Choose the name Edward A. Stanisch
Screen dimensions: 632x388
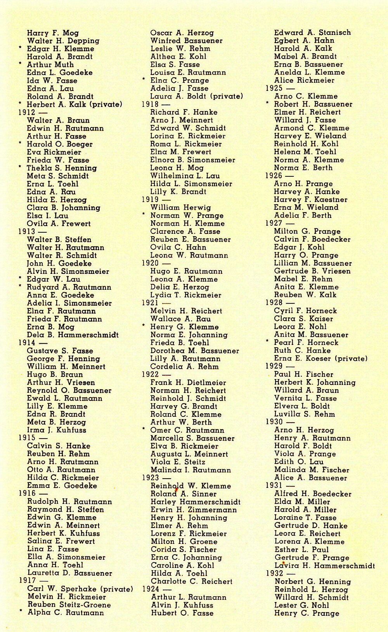(312, 33)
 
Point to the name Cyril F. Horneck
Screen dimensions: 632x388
(305, 311)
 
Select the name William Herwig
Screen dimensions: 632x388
(180, 207)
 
